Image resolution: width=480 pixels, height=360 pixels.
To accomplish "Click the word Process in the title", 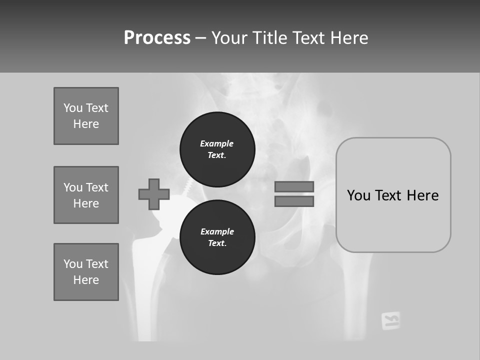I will (157, 38).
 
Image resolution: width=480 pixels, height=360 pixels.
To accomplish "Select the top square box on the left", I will (86, 116).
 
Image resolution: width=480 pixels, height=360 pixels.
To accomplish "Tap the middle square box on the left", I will (86, 195).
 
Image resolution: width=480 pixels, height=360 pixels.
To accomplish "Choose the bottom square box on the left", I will (86, 272).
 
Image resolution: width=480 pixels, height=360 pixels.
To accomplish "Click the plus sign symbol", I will (154, 194).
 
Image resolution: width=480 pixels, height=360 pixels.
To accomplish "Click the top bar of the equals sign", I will (294, 186).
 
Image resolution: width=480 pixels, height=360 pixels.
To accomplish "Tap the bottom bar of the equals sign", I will (294, 201).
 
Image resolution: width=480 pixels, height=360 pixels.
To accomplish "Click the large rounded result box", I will (393, 220).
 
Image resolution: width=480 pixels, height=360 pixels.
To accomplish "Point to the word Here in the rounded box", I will (422, 195).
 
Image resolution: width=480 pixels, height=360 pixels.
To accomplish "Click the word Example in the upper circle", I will (216, 143).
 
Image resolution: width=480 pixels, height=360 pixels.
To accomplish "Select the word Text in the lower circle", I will (216, 243).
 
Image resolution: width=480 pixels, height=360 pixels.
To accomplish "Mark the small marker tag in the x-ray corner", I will (390, 320).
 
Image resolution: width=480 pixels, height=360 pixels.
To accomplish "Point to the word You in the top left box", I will (72, 108).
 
